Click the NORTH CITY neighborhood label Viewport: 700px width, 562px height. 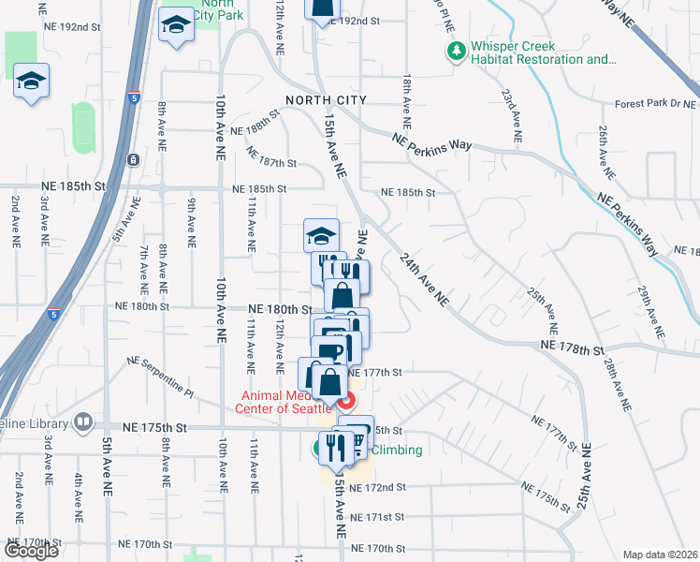[325, 100]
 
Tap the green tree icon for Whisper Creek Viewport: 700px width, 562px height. [457, 52]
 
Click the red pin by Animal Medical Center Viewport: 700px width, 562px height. [345, 402]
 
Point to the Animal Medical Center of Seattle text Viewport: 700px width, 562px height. [287, 402]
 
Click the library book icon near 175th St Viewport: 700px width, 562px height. [84, 422]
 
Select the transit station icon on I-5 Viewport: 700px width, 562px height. [133, 159]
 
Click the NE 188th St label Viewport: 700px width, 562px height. [255, 123]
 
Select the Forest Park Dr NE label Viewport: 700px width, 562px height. [656, 105]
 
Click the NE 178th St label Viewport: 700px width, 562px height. [572, 349]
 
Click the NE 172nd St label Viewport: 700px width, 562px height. [376, 488]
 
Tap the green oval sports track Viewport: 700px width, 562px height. [83, 127]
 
